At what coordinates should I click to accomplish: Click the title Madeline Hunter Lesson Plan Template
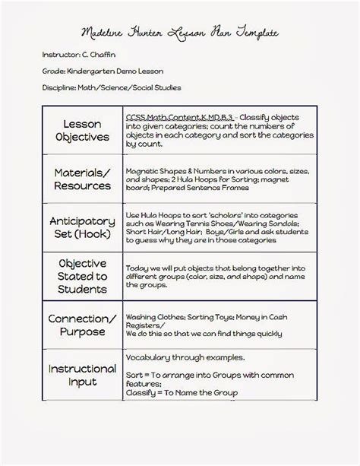tap(179, 33)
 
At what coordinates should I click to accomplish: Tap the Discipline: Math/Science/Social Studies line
tap(112, 87)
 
